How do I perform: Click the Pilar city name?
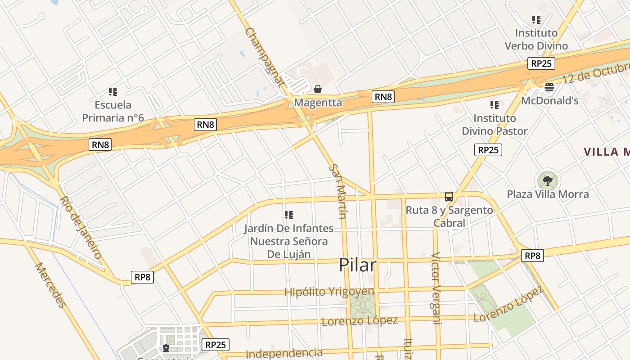coord(357,265)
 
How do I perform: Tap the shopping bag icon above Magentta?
coord(318,89)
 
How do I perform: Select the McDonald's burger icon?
coord(549,87)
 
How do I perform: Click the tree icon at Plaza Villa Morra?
coord(547,181)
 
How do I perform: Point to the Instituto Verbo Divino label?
coord(536,39)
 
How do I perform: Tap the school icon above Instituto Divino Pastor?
coord(495,105)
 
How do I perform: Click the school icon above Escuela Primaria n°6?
coord(113,92)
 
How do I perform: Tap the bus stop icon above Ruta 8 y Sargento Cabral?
coord(449,196)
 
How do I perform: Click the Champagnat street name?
coord(265,57)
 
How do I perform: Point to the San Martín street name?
coord(337,191)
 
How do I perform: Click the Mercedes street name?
coord(50,285)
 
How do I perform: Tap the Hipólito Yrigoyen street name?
coord(329,292)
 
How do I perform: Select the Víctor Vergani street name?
coord(436,288)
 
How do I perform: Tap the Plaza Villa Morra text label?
coord(548,194)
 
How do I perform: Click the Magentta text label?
coord(318,103)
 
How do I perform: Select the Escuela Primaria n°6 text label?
coord(113,111)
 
